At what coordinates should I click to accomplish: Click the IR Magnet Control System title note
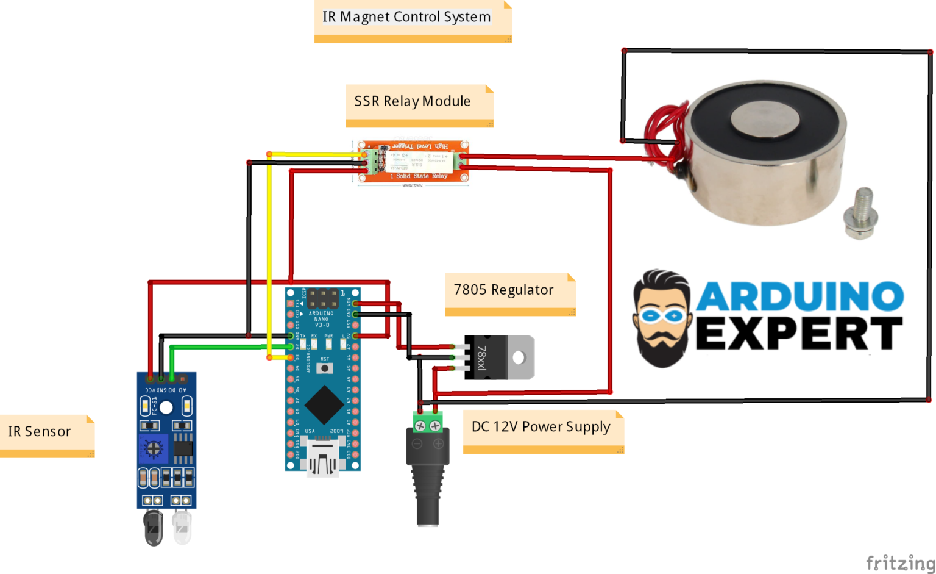[x=406, y=17]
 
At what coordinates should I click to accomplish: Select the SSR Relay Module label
[x=413, y=101]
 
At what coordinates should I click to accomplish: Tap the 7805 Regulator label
[x=503, y=290]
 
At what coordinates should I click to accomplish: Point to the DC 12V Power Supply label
[x=541, y=427]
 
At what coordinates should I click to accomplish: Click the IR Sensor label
[x=40, y=431]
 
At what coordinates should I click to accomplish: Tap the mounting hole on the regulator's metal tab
[x=519, y=357]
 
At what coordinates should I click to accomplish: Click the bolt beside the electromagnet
[x=860, y=213]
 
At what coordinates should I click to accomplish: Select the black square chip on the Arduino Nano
[x=324, y=404]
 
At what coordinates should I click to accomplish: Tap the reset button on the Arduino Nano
[x=325, y=368]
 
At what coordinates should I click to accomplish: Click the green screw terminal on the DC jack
[x=428, y=423]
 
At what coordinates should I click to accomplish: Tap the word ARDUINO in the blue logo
[x=800, y=296]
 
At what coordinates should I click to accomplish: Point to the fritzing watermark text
[x=900, y=562]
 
